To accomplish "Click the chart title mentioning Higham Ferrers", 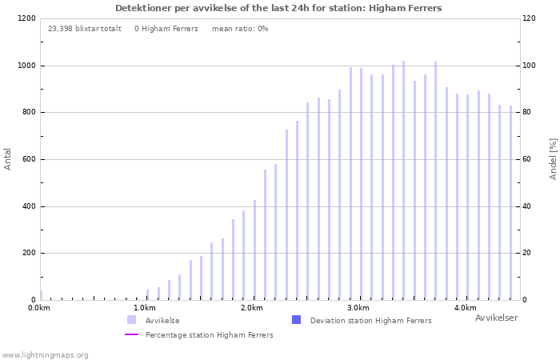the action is click(x=278, y=8).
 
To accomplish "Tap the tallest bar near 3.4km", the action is click(x=403, y=180).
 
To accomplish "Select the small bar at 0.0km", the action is click(x=41, y=295).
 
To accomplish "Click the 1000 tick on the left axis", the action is click(x=26, y=66).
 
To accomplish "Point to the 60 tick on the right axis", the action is click(x=526, y=159).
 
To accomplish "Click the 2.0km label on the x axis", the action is click(x=252, y=308).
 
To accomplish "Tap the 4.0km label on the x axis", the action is click(x=466, y=308).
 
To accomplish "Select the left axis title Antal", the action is click(x=7, y=159).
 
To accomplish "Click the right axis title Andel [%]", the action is click(x=553, y=159).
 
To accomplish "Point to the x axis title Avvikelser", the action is click(x=497, y=318).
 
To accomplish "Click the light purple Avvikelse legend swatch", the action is click(x=131, y=320).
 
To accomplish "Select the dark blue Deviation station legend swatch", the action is click(x=297, y=320).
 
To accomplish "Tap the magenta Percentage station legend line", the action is click(x=131, y=334).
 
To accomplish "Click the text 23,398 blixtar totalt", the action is click(x=85, y=29).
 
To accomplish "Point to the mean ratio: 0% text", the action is click(x=240, y=29).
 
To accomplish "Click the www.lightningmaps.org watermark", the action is click(x=45, y=355).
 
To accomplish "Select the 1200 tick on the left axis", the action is click(x=26, y=18).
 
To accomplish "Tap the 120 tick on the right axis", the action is click(x=529, y=18).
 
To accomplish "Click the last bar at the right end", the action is click(x=510, y=203).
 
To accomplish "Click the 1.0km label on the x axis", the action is click(x=145, y=308).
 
